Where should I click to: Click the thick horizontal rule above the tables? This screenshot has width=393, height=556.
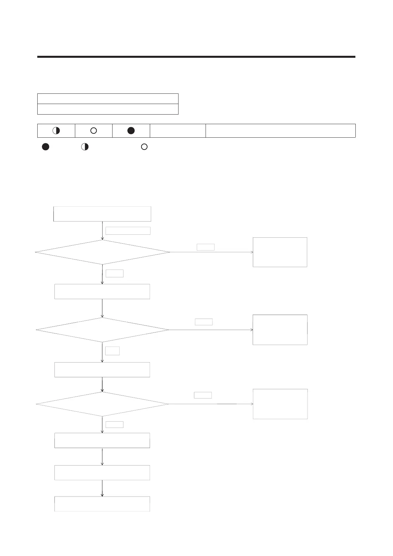click(x=196, y=57)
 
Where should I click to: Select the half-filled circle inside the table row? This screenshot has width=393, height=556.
click(x=56, y=131)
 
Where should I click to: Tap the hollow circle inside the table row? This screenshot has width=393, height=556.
click(x=93, y=131)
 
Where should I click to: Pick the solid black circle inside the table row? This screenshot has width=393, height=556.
click(x=131, y=131)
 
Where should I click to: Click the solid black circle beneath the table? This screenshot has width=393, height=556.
click(x=46, y=147)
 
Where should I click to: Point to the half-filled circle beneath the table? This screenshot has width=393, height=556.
click(x=85, y=147)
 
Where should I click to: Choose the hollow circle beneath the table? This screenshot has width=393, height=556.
click(x=144, y=147)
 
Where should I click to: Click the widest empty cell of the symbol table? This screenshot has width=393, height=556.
click(x=280, y=131)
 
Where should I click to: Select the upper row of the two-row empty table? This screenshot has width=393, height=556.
click(x=108, y=99)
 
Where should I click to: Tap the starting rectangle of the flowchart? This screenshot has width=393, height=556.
click(x=102, y=214)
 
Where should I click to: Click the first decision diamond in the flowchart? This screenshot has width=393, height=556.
click(x=102, y=252)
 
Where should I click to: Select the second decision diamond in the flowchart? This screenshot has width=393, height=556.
click(x=102, y=330)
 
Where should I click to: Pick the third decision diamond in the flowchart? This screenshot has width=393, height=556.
click(x=102, y=404)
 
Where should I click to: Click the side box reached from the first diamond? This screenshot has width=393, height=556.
click(x=280, y=252)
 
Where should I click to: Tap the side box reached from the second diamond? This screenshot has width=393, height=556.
click(x=280, y=330)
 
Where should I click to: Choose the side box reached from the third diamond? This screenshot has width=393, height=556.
click(x=280, y=404)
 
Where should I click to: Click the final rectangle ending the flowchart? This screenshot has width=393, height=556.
click(x=102, y=504)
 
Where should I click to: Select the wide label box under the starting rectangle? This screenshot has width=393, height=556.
click(x=128, y=231)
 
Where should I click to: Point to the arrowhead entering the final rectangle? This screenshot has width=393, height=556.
click(x=102, y=495)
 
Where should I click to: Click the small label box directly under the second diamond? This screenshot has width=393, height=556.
click(x=113, y=351)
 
